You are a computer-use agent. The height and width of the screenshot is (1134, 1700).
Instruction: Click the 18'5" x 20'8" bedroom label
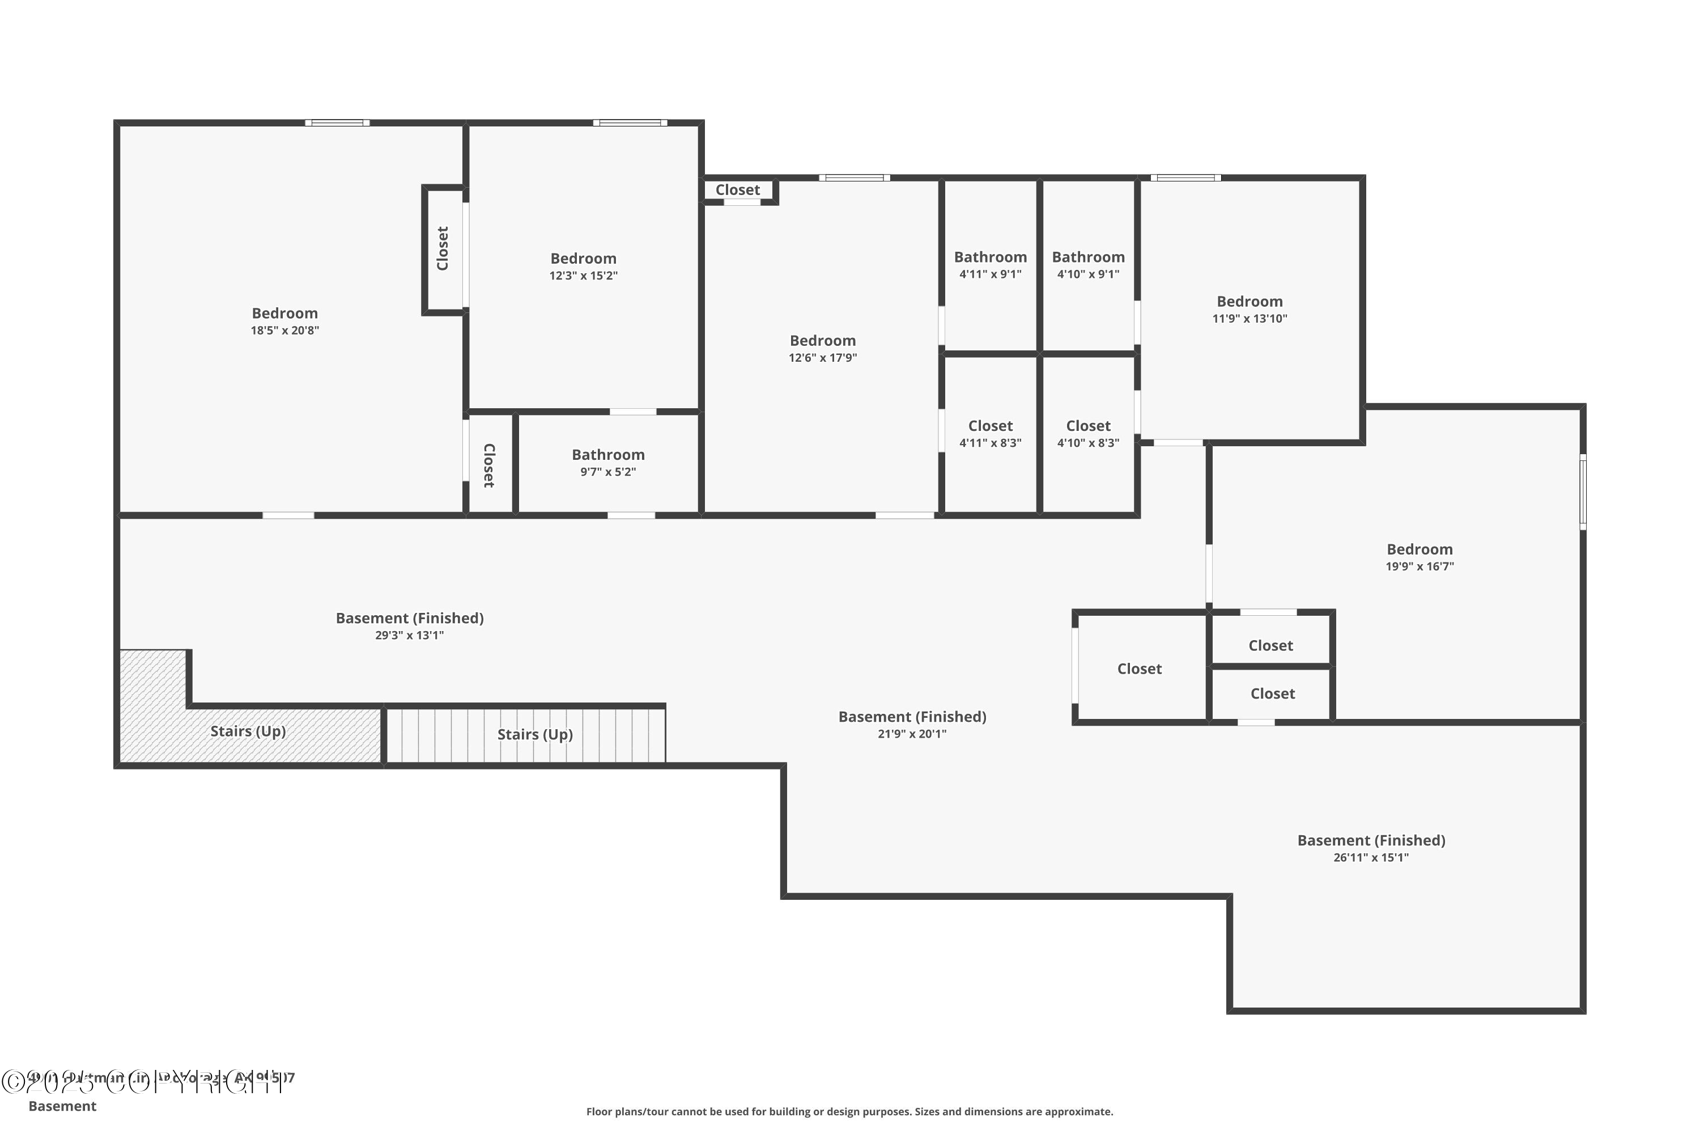[285, 320]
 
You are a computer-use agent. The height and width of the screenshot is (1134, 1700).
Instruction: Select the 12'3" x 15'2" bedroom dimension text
[583, 276]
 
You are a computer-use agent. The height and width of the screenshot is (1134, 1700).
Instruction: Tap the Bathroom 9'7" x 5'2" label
[608, 462]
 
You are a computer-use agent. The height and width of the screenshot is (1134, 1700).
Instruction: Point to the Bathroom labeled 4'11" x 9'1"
[990, 264]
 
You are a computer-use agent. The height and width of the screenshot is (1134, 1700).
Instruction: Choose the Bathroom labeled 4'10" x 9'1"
[1088, 264]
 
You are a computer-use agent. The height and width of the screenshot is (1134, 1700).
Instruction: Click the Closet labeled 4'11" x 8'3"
[990, 433]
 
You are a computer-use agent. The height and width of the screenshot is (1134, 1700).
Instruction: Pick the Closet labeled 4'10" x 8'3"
[1088, 433]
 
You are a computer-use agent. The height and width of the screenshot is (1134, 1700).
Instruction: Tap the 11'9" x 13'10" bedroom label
[1249, 309]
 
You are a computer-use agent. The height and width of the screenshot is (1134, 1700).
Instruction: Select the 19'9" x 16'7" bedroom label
[1419, 557]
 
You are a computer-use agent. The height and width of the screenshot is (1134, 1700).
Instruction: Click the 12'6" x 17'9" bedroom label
[823, 348]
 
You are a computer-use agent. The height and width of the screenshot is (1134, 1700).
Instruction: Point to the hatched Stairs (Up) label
[248, 731]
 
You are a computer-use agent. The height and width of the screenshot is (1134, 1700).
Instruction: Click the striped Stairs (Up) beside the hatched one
[535, 735]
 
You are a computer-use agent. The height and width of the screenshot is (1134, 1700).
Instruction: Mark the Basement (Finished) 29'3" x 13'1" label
[409, 625]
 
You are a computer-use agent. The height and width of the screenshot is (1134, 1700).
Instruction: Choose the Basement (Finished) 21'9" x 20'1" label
[912, 724]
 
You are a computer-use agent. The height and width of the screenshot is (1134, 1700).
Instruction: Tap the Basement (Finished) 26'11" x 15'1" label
[1371, 848]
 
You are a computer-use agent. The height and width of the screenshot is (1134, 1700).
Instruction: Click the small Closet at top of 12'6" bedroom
[737, 190]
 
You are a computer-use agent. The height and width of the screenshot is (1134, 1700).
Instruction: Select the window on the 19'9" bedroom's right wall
[1582, 492]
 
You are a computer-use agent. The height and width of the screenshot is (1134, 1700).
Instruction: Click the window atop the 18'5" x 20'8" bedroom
[337, 123]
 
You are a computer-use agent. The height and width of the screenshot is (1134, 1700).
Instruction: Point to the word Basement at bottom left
[62, 1106]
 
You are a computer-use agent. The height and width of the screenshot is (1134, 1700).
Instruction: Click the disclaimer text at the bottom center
[849, 1111]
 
